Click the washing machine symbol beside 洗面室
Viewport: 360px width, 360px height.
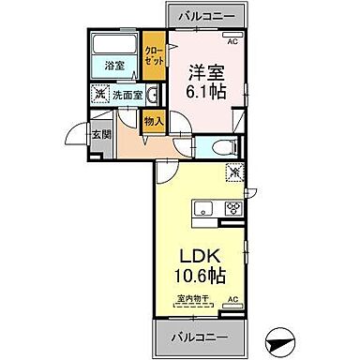pos(98,94)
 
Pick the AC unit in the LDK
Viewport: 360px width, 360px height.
pos(232,299)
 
